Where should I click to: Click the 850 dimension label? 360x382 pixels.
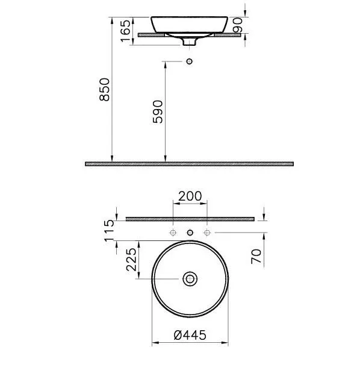coord(105,89)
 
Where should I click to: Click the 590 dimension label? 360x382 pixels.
coord(158,111)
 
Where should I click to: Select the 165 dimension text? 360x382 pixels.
coord(126,31)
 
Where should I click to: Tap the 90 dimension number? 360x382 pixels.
coord(238,25)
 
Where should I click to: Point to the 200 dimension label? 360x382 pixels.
coord(190,196)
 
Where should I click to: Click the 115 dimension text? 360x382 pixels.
coord(109,231)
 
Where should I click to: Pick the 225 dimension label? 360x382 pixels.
coord(131,260)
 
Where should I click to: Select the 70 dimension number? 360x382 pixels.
coord(256,257)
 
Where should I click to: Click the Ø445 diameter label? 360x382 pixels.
coord(190,335)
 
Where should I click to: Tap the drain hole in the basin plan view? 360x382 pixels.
coord(190,279)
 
